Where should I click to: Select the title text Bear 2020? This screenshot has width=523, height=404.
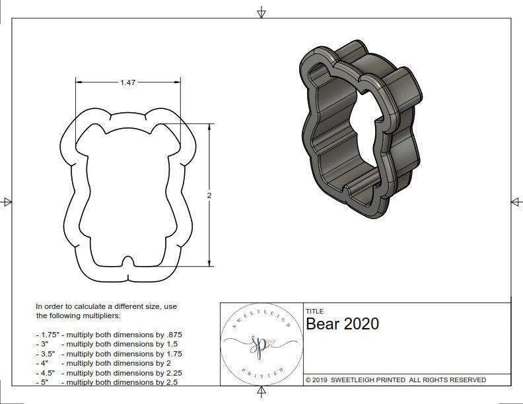[x=342, y=323]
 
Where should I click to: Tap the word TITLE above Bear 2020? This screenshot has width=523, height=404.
[x=314, y=311]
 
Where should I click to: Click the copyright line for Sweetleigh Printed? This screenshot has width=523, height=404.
[x=396, y=380]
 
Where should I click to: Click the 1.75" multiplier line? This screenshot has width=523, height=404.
[x=109, y=335]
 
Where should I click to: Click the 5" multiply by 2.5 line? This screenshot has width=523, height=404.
[x=105, y=382]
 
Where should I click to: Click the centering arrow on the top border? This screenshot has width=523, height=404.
[x=261, y=12]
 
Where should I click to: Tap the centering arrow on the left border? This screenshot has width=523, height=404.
[x=7, y=201]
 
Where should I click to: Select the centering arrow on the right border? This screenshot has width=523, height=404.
[x=516, y=201]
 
